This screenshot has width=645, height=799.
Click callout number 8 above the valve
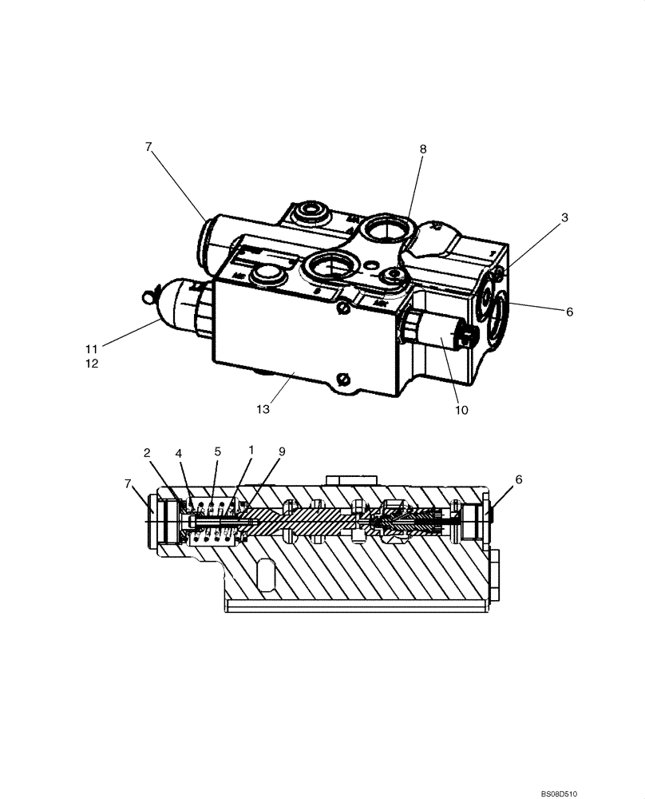tap(422, 149)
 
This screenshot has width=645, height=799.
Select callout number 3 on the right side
tap(564, 217)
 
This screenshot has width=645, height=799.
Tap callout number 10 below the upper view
tap(461, 411)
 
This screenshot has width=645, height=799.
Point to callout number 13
tap(263, 409)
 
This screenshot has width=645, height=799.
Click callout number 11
tap(93, 348)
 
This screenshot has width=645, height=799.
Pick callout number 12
tap(93, 364)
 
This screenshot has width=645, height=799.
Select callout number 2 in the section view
tap(148, 453)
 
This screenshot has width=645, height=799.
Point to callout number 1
tap(251, 450)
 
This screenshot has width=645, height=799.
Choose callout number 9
tap(282, 451)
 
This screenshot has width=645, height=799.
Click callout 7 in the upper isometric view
tap(148, 147)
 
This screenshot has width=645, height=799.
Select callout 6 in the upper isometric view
tap(569, 312)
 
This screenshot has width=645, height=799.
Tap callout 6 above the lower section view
tap(519, 479)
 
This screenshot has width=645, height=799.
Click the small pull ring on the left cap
tap(146, 297)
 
